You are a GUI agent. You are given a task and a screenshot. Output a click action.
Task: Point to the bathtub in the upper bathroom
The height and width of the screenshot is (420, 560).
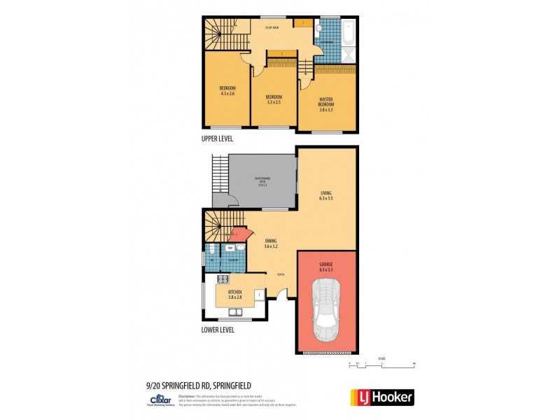coord(348,31)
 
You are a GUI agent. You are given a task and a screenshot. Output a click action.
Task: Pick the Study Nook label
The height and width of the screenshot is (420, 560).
coord(272,28)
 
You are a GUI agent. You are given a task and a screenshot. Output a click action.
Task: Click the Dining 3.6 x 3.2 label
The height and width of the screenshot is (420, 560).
coord(270,243)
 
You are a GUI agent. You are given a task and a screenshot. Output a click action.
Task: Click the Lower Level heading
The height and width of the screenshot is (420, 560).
coord(218,330)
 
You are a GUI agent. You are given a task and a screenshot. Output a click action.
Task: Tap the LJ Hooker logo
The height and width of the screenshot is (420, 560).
coord(381,397)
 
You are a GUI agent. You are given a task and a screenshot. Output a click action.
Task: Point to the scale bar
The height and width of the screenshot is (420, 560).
coord(381,365)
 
